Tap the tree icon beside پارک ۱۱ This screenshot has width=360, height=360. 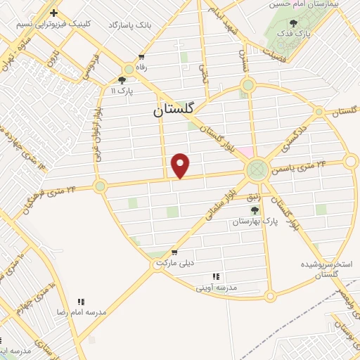pyautogui.click(x=122, y=79)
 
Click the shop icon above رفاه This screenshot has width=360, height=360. pyautogui.click(x=142, y=57)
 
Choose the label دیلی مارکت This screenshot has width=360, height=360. pyautogui.click(x=174, y=263)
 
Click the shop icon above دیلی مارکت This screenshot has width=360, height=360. pyautogui.click(x=174, y=252)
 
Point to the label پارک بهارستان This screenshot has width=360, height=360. pyautogui.click(x=255, y=221)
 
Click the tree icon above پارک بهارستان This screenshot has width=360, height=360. pyautogui.click(x=255, y=210)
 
